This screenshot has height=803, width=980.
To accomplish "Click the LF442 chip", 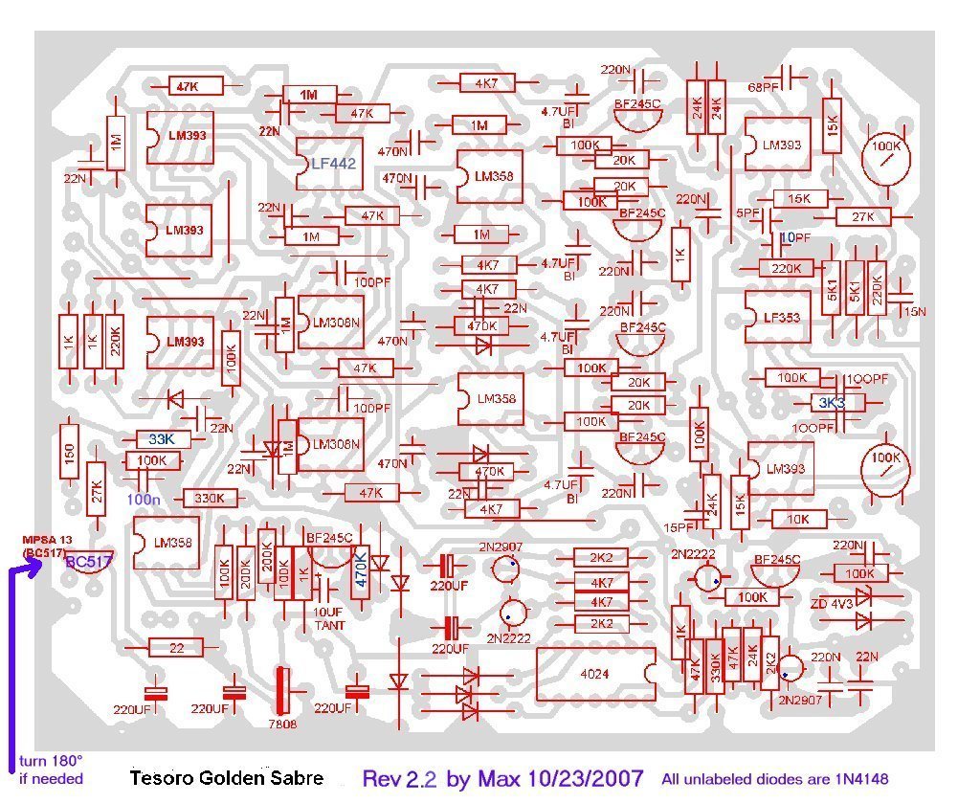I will tap(332, 164).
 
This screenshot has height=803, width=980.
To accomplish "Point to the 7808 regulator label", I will tap(282, 725).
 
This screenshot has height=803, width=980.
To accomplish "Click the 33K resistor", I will tap(162, 439).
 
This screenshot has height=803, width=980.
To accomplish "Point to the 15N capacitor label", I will tap(915, 311).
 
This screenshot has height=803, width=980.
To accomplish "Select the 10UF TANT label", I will tap(330, 619).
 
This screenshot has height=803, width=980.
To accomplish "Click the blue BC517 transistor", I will tap(89, 562).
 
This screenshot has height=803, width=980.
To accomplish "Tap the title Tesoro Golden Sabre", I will tap(226, 777).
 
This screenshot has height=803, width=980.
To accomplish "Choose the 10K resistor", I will tap(798, 519).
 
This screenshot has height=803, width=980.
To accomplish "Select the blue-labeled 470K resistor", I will tap(361, 568).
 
